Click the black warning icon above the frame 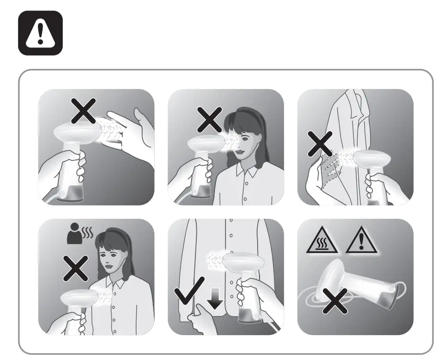(40, 33)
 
